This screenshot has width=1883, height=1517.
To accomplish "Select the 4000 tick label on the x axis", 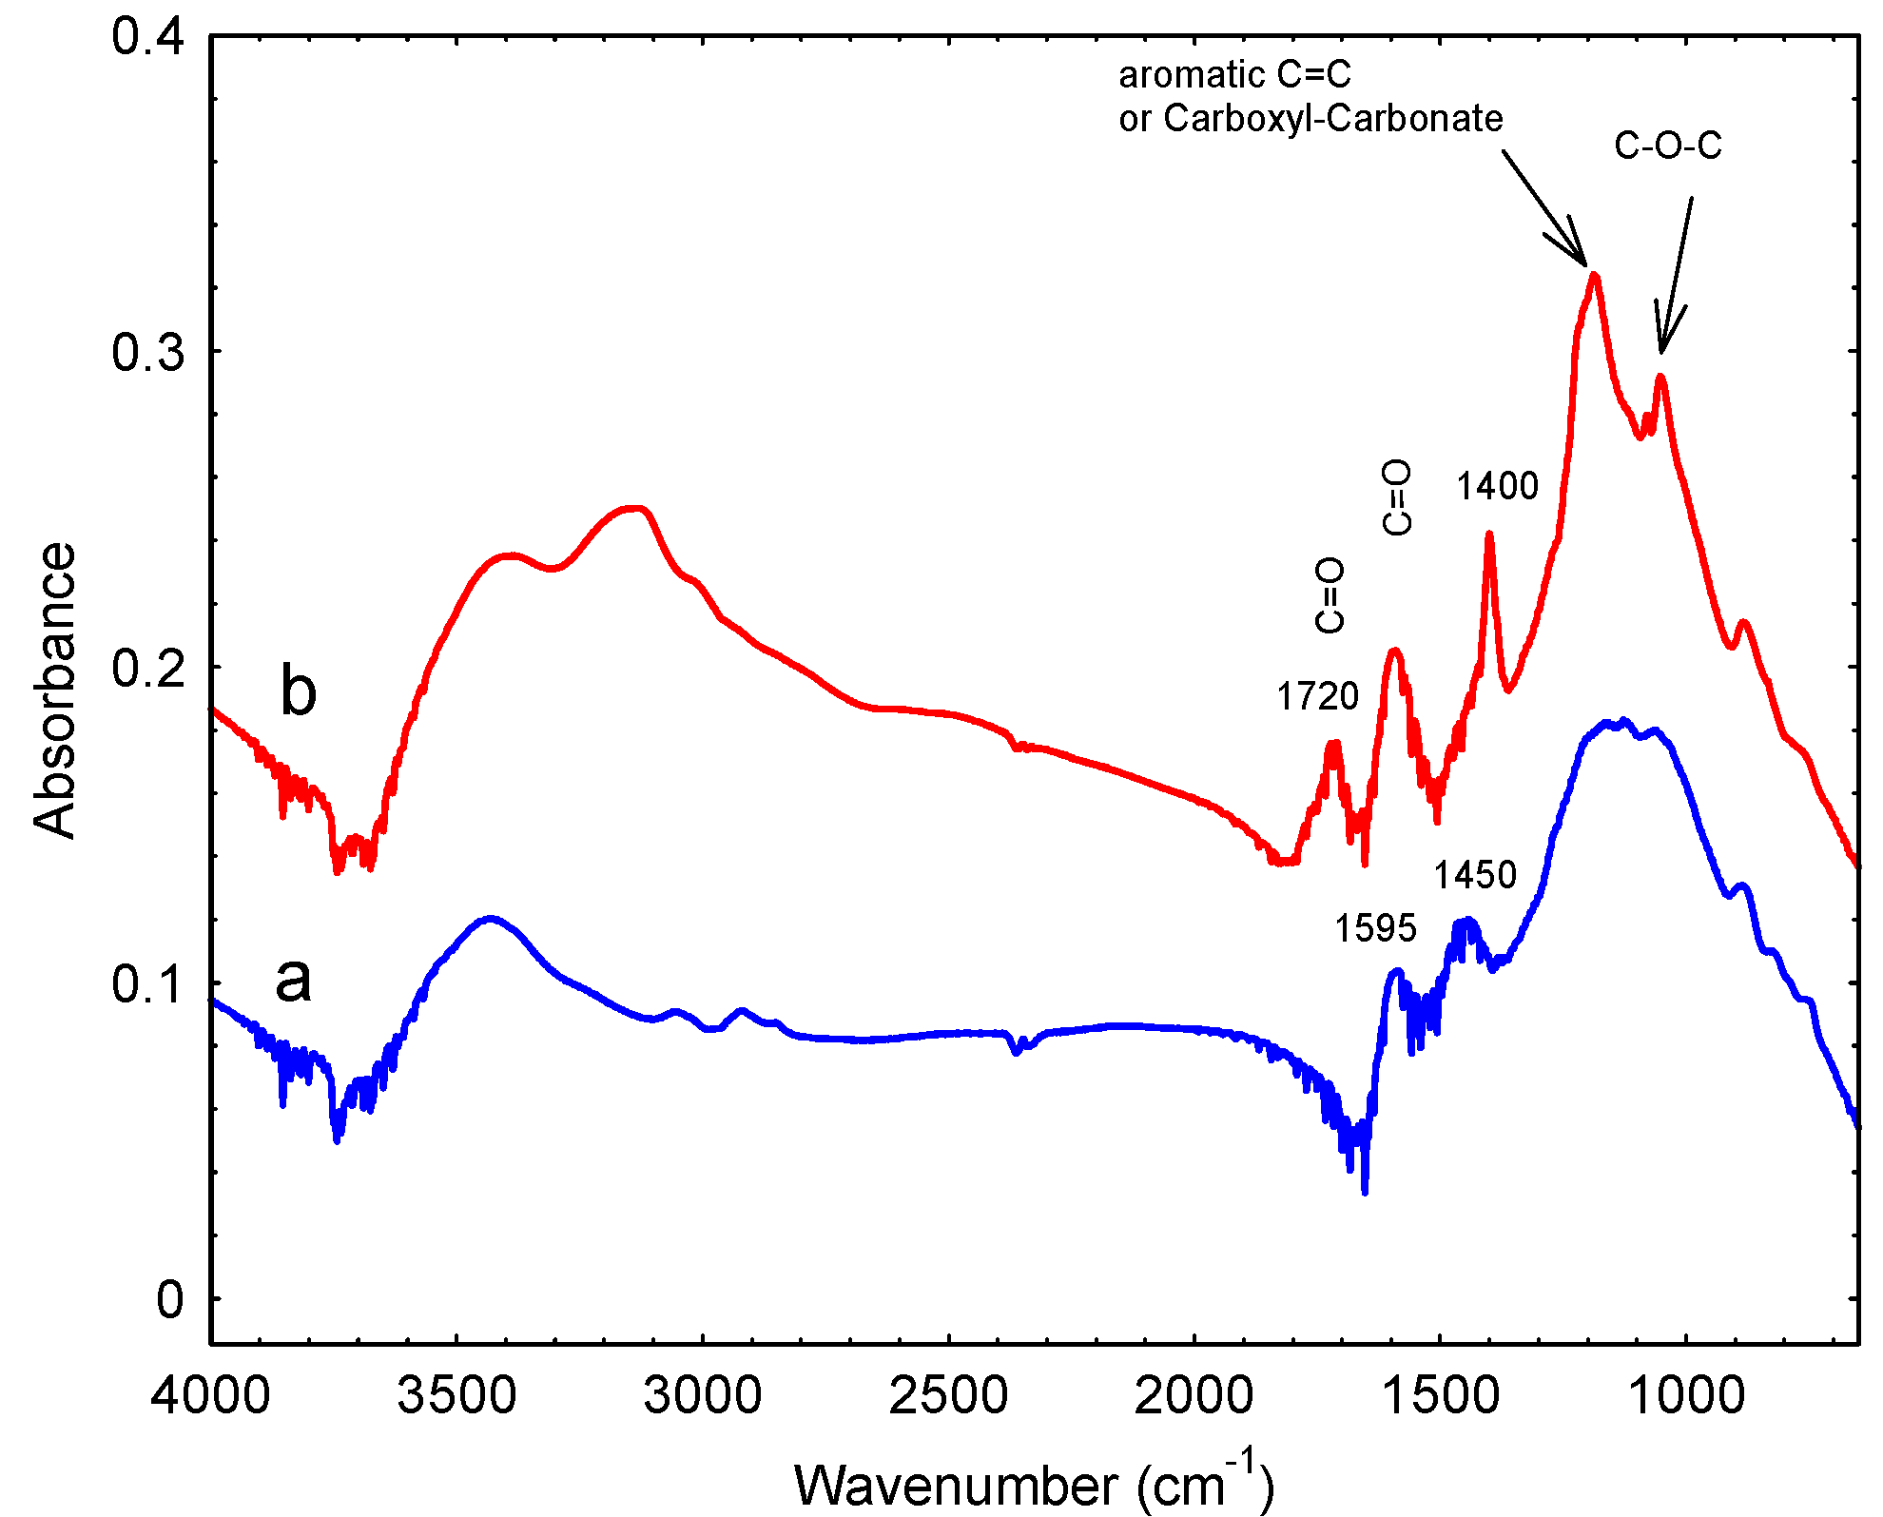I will [210, 1396].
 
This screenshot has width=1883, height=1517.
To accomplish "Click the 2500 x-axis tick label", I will [948, 1396].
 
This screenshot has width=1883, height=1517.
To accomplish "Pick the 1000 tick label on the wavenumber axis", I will [1686, 1396].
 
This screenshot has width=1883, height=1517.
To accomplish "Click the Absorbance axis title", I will [54, 690].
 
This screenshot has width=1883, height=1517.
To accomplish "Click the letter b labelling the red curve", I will [298, 690].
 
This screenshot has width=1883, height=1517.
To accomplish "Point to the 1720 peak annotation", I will [1317, 697].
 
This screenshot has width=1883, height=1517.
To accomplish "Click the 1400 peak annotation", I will [1497, 487].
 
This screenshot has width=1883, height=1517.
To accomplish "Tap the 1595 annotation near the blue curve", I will [1375, 928].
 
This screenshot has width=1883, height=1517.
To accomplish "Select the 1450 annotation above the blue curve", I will [1475, 875].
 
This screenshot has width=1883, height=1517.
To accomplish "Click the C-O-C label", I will [1668, 146].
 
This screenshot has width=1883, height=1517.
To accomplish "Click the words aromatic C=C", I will [1234, 74].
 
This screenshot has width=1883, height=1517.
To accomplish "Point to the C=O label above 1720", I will [1330, 595].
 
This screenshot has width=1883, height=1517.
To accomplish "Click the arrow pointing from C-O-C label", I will [1675, 276].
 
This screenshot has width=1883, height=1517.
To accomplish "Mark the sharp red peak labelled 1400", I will [1489, 535].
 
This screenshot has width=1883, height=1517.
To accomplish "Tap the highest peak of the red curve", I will [1594, 276].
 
